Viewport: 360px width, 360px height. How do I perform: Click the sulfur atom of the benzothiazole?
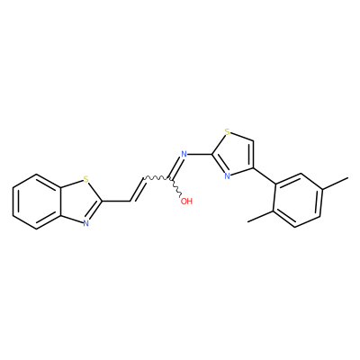(86, 180)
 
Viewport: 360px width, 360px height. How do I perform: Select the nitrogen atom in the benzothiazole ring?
(86, 223)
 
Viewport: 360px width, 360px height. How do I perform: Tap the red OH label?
(186, 201)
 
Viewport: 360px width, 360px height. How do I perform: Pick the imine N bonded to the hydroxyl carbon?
(184, 155)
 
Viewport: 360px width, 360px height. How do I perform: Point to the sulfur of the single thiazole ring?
(228, 131)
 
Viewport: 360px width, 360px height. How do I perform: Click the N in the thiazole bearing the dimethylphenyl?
(227, 176)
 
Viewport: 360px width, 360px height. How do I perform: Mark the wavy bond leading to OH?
(175, 188)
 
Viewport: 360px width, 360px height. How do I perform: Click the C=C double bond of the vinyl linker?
(138, 190)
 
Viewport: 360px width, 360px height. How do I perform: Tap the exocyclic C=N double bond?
(175, 168)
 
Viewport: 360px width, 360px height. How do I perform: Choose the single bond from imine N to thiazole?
(200, 155)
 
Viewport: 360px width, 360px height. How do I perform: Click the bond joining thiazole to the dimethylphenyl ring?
(265, 175)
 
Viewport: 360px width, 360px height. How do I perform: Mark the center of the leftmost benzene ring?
(37, 202)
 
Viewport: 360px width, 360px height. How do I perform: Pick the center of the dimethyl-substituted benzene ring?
(298, 200)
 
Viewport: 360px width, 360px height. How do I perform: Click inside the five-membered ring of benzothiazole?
(79, 202)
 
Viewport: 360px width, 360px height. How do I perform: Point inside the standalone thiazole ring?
(234, 155)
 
